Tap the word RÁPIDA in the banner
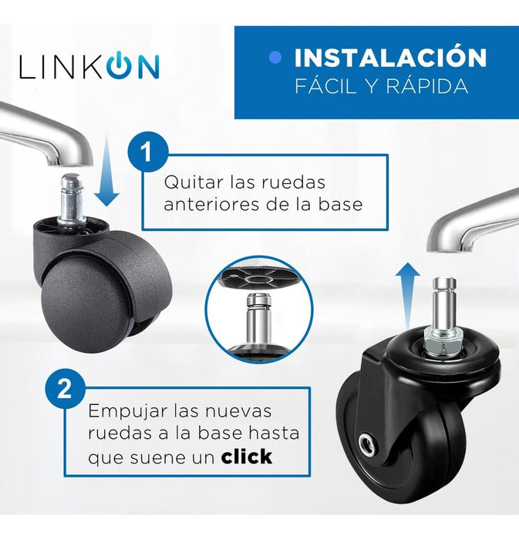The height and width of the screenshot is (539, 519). [426, 85]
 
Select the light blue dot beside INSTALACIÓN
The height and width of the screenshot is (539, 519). [275, 57]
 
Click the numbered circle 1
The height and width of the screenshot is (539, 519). [148, 152]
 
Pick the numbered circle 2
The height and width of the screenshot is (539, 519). [65, 388]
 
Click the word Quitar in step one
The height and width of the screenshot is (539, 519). [194, 182]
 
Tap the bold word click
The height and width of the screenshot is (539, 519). [247, 457]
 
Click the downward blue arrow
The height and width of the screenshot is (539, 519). [106, 171]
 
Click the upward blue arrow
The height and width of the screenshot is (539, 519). [407, 296]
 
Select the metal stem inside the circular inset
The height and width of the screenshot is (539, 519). [259, 318]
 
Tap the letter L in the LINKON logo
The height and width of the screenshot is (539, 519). [27, 67]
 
